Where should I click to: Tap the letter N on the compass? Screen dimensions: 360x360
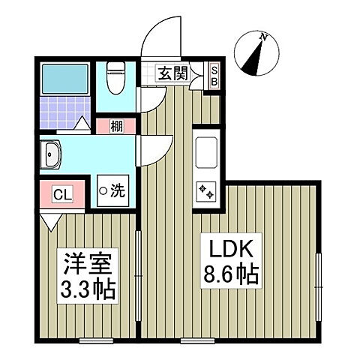(263, 36)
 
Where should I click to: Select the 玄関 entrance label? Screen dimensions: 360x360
(172, 73)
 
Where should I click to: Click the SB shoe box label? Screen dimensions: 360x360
(214, 74)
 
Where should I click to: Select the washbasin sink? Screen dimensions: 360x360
(55, 158)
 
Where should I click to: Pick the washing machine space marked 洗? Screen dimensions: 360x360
(113, 190)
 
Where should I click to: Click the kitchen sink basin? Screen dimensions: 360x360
(205, 154)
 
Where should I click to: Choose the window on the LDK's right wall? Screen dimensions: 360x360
(319, 277)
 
